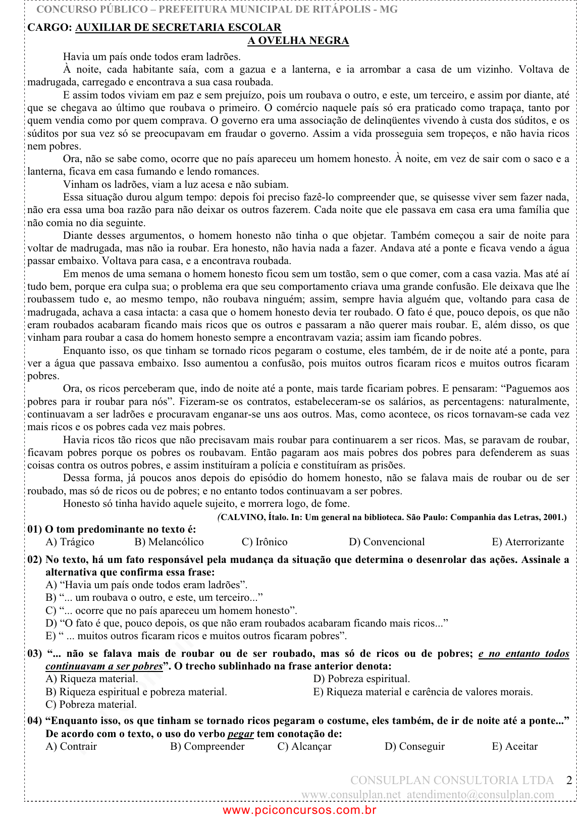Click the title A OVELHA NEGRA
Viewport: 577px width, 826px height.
coord(298,40)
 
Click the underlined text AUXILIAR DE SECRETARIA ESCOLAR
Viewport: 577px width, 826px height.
coord(178,27)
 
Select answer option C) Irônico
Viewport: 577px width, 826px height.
coord(265,542)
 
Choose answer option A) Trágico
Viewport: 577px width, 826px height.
coord(70,542)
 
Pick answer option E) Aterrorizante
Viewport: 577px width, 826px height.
coord(528,542)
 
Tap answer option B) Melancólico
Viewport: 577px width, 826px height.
coord(169,542)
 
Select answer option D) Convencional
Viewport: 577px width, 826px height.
coord(387,542)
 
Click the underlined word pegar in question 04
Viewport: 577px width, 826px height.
coord(240,734)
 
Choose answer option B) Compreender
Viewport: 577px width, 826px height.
coord(207,746)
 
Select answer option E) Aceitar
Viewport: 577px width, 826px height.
coord(514,746)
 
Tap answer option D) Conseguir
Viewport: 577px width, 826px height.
coord(414,746)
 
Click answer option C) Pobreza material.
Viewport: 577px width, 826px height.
coord(91,704)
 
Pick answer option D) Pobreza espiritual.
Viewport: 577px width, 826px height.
coord(361,679)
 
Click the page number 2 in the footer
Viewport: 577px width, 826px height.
coord(569,780)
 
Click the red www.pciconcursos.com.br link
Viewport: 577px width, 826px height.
coord(299,810)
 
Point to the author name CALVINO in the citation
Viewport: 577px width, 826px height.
coord(242,517)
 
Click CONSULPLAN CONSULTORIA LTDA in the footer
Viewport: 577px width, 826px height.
coord(452,780)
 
